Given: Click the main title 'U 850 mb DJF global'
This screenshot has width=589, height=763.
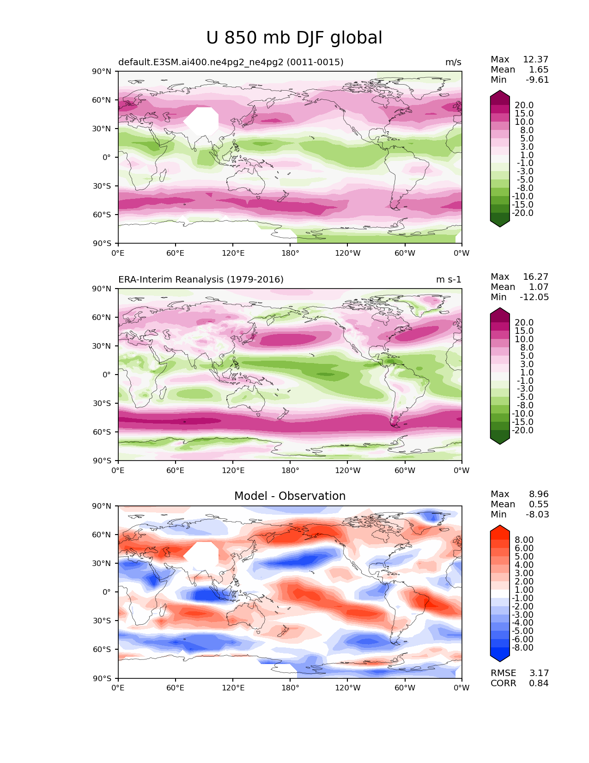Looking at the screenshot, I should click(294, 38).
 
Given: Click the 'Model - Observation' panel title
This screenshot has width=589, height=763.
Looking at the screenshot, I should click(290, 496).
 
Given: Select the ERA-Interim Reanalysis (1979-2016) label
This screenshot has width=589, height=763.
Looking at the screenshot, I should click(201, 280).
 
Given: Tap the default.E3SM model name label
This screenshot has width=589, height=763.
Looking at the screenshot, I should click(231, 62).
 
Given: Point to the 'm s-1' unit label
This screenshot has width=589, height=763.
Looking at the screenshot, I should click(449, 280).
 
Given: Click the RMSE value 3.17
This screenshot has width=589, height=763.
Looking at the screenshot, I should click(539, 673).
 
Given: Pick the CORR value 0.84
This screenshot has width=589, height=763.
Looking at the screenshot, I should click(539, 683).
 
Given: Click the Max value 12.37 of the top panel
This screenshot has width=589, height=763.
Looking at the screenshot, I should click(535, 60).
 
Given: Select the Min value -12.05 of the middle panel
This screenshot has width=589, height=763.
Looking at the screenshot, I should click(534, 297).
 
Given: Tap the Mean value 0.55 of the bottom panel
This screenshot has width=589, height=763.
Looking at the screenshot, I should click(539, 505).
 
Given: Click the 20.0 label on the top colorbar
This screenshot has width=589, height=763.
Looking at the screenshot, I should click(524, 105).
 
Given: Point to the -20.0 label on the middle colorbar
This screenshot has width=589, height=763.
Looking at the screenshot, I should click(522, 431).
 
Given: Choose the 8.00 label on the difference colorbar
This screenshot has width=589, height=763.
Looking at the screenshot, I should click(524, 540).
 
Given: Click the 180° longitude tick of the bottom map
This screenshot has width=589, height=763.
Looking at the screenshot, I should click(290, 688).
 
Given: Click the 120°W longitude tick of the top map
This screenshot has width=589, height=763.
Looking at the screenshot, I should click(347, 253).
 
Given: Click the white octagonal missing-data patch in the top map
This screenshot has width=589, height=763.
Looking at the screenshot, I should click(201, 121).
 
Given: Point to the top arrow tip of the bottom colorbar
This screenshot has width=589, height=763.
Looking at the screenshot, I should click(500, 526).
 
